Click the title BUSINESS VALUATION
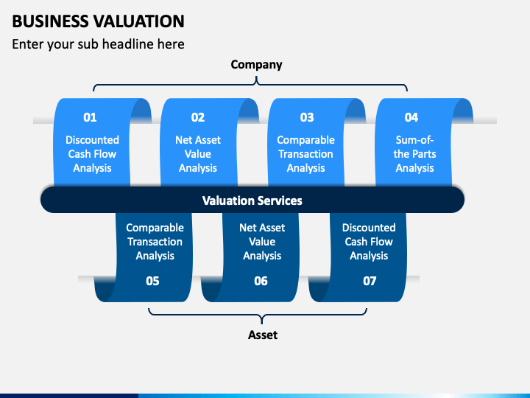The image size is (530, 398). click(x=99, y=21)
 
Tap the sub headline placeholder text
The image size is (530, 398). click(x=99, y=44)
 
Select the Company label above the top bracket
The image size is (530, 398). click(x=257, y=65)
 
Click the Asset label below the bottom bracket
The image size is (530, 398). click(x=263, y=335)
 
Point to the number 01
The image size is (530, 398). click(x=90, y=117)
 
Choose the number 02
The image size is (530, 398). click(x=198, y=117)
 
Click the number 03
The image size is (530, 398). click(x=307, y=117)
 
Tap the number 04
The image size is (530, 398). click(x=411, y=117)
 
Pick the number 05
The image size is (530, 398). click(x=152, y=281)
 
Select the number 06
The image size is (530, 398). click(x=261, y=281)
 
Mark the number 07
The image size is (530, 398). click(x=370, y=281)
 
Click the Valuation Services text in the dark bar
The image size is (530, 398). click(x=252, y=200)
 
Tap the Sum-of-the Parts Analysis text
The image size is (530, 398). click(x=414, y=154)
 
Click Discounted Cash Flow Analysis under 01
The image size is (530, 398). click(x=92, y=154)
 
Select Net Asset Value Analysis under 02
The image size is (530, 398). click(x=198, y=154)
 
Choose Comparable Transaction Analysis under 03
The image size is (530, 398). click(x=306, y=154)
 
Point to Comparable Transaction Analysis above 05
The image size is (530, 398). click(x=155, y=242)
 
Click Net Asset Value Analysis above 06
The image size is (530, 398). click(x=262, y=242)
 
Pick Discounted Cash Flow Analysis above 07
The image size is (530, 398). click(x=369, y=242)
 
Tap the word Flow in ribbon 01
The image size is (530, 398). click(x=105, y=154)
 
